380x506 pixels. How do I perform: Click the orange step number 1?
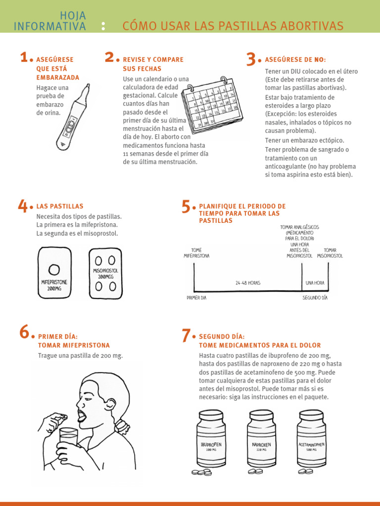coord(24,58)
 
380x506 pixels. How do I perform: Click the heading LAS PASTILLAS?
coord(60,207)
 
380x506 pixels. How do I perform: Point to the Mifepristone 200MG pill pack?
coord(54,273)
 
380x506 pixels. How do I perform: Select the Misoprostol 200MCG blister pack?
coord(105,273)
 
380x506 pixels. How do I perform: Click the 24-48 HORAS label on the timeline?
coord(248,283)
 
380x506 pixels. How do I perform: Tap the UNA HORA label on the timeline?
coord(315,283)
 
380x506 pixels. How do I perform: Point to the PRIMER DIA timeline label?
coord(196,298)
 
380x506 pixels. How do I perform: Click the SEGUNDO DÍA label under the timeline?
coord(315,298)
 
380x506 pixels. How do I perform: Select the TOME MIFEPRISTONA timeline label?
coord(196,253)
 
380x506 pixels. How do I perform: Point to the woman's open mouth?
coord(82,413)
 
